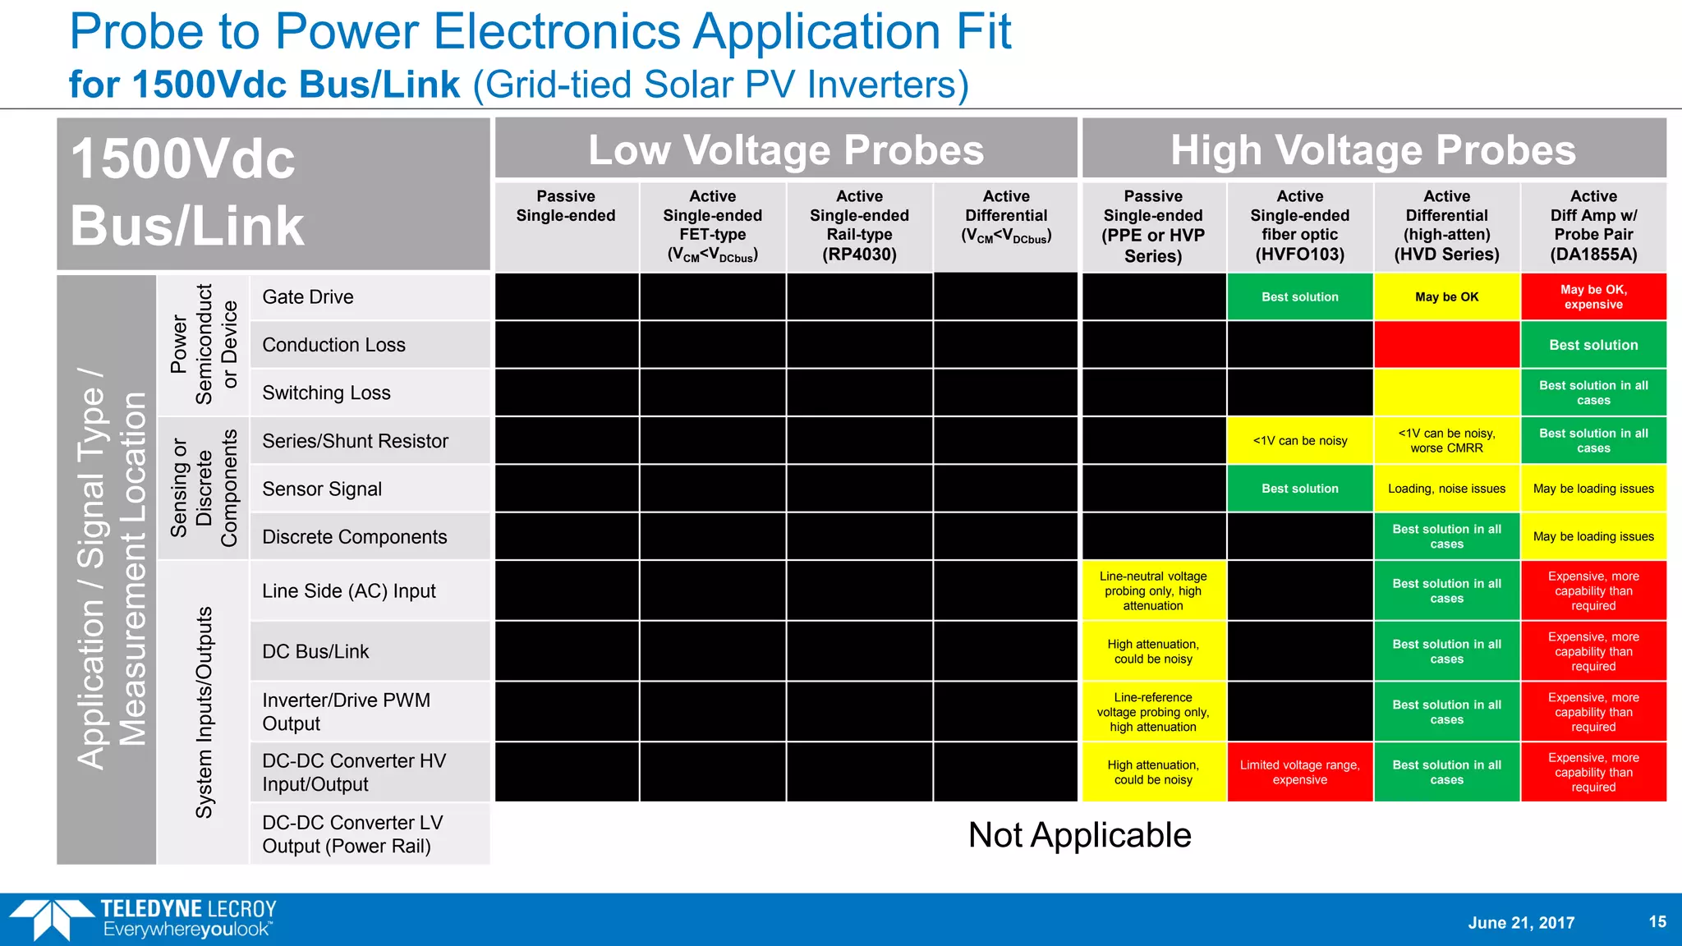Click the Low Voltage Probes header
click(786, 149)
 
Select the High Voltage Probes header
click(1373, 149)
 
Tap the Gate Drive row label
click(308, 297)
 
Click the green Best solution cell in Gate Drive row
click(1299, 297)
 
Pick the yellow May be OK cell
click(1446, 297)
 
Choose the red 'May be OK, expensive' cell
click(1593, 297)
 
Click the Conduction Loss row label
click(333, 345)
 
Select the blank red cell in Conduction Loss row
click(1446, 345)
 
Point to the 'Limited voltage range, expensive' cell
click(1299, 772)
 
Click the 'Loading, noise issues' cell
click(1446, 489)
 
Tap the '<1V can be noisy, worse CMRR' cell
click(1446, 441)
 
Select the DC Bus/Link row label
click(315, 651)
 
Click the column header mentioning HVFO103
click(1299, 226)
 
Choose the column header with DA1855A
click(1593, 226)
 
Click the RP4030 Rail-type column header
click(859, 226)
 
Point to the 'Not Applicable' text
click(1079, 835)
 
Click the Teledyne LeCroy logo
click(144, 919)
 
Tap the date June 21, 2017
click(1521, 923)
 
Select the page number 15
click(1657, 921)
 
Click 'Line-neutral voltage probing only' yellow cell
click(1153, 591)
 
